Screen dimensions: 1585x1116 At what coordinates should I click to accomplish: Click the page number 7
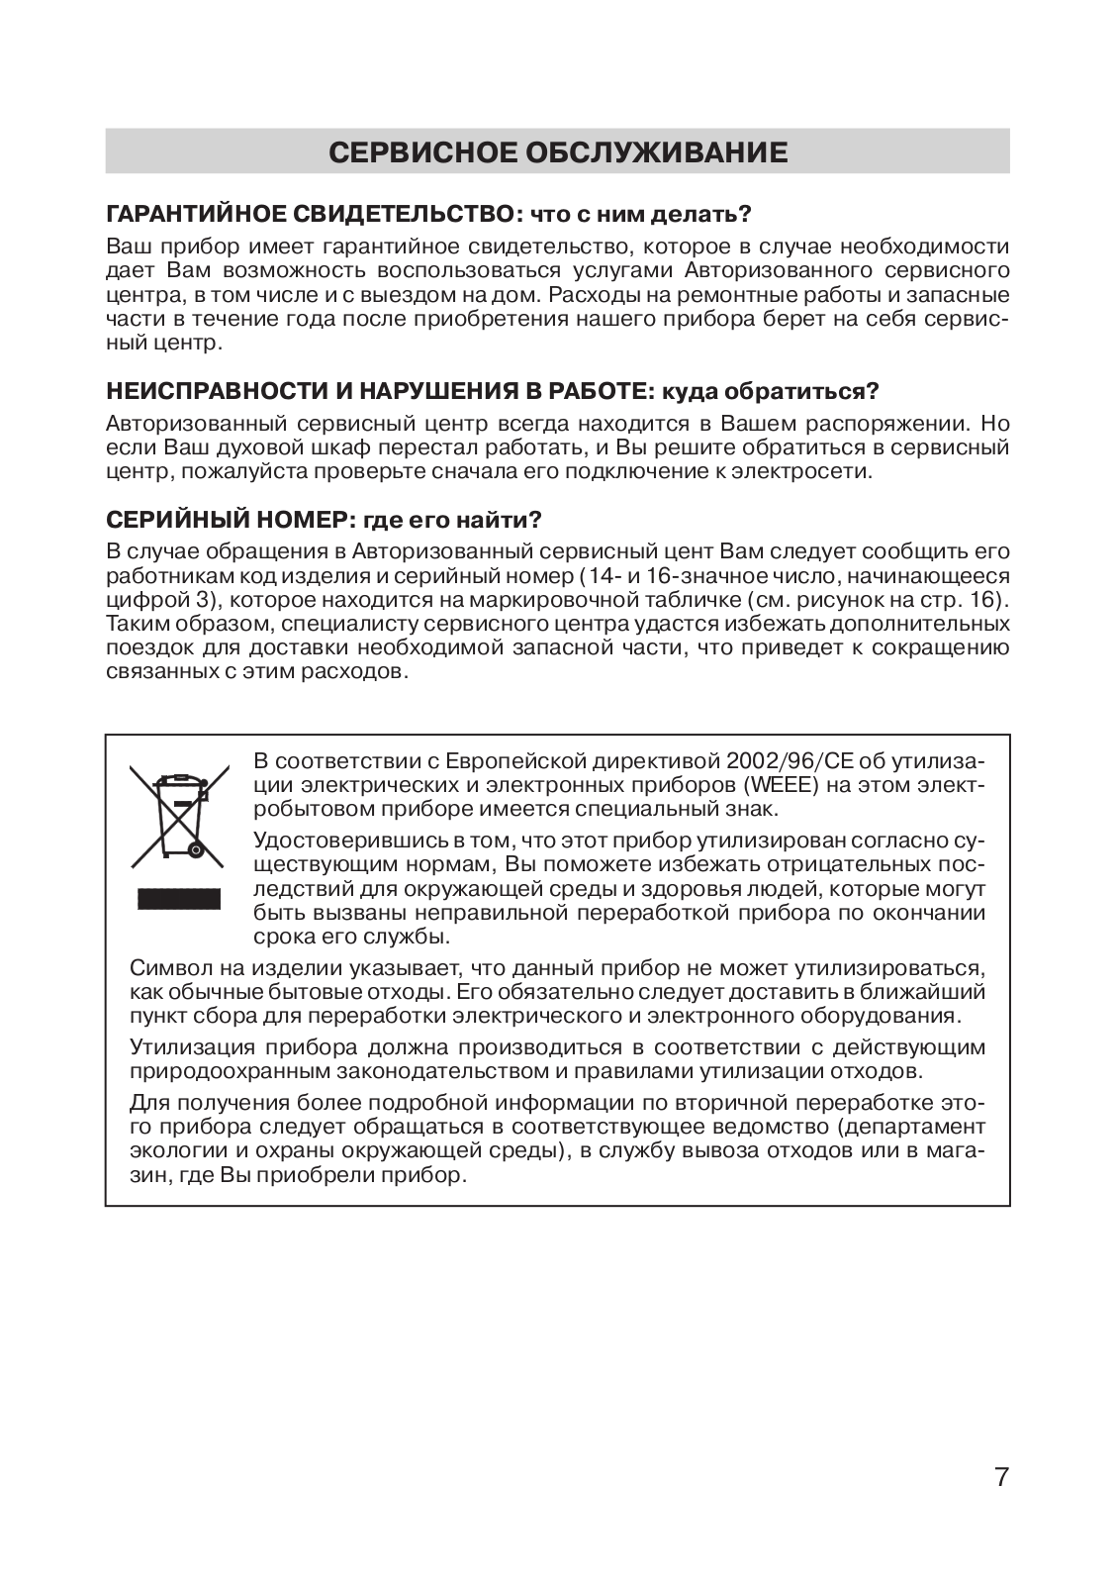click(x=1001, y=1478)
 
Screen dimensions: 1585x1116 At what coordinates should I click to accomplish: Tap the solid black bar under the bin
click(x=178, y=898)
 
